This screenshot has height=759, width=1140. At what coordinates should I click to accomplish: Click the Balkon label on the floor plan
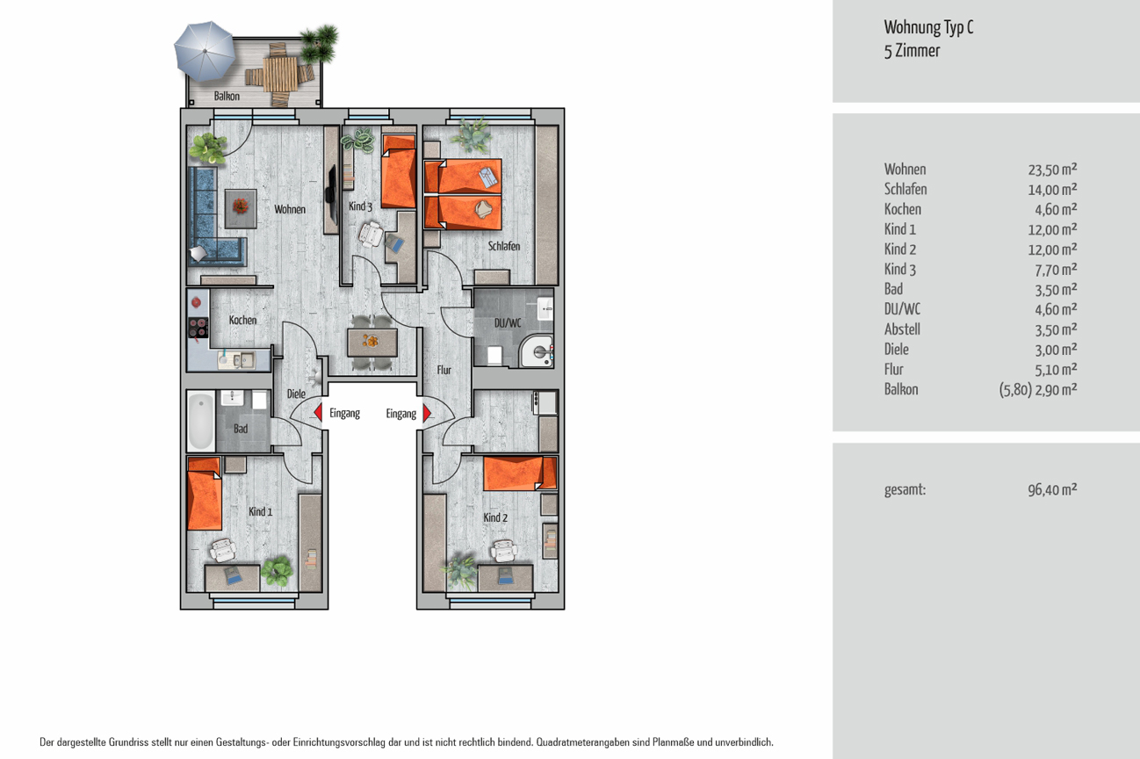[x=227, y=97]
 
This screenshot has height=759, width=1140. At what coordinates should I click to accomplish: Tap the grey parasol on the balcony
[x=205, y=52]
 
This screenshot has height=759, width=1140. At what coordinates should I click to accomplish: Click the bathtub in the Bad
[x=201, y=421]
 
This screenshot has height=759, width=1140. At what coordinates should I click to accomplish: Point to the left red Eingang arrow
[x=318, y=412]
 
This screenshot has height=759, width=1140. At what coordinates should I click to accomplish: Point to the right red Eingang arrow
[x=427, y=413]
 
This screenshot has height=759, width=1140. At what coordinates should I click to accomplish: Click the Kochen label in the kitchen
[x=242, y=320]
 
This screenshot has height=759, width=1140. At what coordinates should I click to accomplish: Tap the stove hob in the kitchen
[x=198, y=328]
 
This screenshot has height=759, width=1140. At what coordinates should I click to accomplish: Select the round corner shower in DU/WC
[x=537, y=351]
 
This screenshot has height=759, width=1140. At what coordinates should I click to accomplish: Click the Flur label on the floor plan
[x=444, y=370]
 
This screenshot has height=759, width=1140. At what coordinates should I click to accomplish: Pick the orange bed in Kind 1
[x=205, y=494]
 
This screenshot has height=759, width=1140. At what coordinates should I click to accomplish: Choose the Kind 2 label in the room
[x=495, y=517]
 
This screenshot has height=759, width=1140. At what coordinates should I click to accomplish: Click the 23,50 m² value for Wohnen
[x=1052, y=169]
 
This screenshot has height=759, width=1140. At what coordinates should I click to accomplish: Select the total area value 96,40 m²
[x=1052, y=489]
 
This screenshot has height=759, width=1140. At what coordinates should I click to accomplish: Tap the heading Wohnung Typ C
[x=929, y=27]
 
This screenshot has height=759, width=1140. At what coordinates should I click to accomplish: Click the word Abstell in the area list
[x=902, y=329]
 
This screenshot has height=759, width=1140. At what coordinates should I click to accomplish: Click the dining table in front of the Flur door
[x=372, y=343]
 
